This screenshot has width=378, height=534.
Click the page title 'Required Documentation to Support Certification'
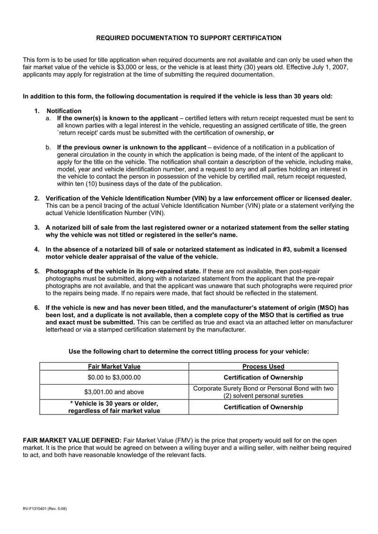(x=189, y=38)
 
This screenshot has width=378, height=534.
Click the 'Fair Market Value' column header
(x=114, y=366)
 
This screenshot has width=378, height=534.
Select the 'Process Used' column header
(x=263, y=366)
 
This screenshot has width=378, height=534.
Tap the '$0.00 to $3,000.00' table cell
(x=114, y=377)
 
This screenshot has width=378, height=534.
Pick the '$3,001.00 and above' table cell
(x=114, y=392)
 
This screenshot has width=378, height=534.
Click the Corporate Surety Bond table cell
(x=263, y=392)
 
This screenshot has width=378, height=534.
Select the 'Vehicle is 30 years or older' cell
(x=114, y=407)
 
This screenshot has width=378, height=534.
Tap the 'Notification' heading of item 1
(x=63, y=111)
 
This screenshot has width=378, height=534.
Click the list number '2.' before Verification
(x=37, y=198)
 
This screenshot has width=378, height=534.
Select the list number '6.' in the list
(x=37, y=307)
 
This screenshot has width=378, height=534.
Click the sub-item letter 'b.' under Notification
(x=49, y=147)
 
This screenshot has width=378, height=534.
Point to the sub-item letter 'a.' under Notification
(x=49, y=118)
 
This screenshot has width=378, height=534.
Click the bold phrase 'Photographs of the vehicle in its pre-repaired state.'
(x=123, y=271)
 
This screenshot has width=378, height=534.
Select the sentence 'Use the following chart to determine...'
(x=189, y=352)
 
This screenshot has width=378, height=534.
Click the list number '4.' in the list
(x=37, y=249)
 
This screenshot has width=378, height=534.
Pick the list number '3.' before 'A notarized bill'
(x=37, y=228)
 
